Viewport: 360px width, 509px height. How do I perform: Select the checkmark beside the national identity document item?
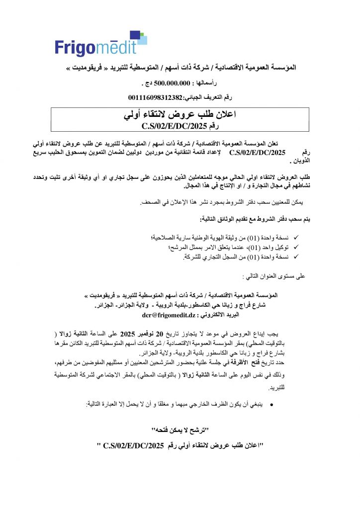tap(296, 238)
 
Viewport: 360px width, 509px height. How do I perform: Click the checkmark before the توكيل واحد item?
tap(296, 247)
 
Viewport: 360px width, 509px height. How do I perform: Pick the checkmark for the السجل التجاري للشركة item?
tap(296, 256)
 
